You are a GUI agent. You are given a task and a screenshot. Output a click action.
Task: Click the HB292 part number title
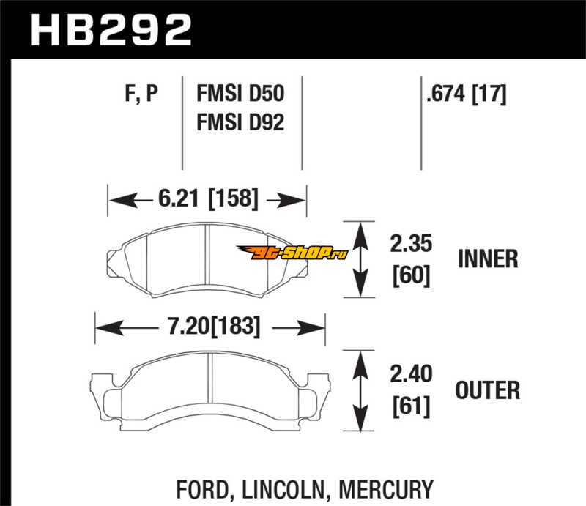click(x=109, y=31)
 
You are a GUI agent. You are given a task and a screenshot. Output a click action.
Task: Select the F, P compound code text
click(x=141, y=94)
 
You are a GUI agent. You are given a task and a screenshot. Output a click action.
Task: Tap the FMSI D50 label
click(x=240, y=94)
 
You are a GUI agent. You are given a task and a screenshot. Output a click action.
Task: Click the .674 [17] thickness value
click(x=464, y=94)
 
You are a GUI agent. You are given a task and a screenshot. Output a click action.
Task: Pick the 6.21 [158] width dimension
click(x=207, y=199)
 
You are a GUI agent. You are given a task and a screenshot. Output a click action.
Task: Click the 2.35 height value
click(x=411, y=243)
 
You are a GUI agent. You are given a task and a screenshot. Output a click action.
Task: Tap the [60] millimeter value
click(x=411, y=275)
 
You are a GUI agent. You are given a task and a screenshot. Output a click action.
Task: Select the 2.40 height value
click(x=411, y=376)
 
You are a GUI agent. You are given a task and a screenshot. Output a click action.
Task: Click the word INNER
click(x=488, y=258)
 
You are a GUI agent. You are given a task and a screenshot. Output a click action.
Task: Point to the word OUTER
click(x=488, y=391)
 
